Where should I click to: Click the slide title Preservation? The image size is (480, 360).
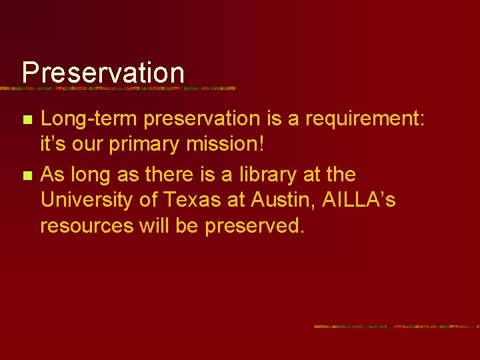click(x=103, y=73)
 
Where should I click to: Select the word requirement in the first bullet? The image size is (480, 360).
click(x=361, y=119)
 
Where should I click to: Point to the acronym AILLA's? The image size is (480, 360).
click(x=359, y=200)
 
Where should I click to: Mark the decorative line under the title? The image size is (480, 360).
click(x=127, y=88)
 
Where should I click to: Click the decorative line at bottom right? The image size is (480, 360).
click(x=397, y=327)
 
